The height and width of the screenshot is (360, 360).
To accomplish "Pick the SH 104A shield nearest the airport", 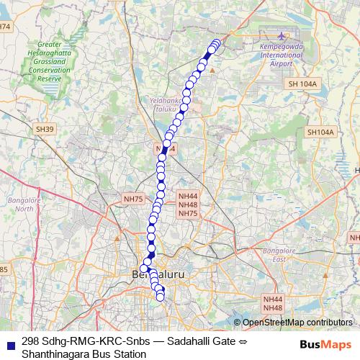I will [302, 84].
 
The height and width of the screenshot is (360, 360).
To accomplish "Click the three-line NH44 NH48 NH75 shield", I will [188, 204].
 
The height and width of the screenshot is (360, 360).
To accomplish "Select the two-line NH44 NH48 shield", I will [273, 303].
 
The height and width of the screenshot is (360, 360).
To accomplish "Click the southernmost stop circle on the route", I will [160, 296].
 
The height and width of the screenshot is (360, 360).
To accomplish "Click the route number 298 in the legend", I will [30, 342].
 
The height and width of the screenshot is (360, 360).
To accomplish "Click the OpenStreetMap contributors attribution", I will [297, 322].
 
